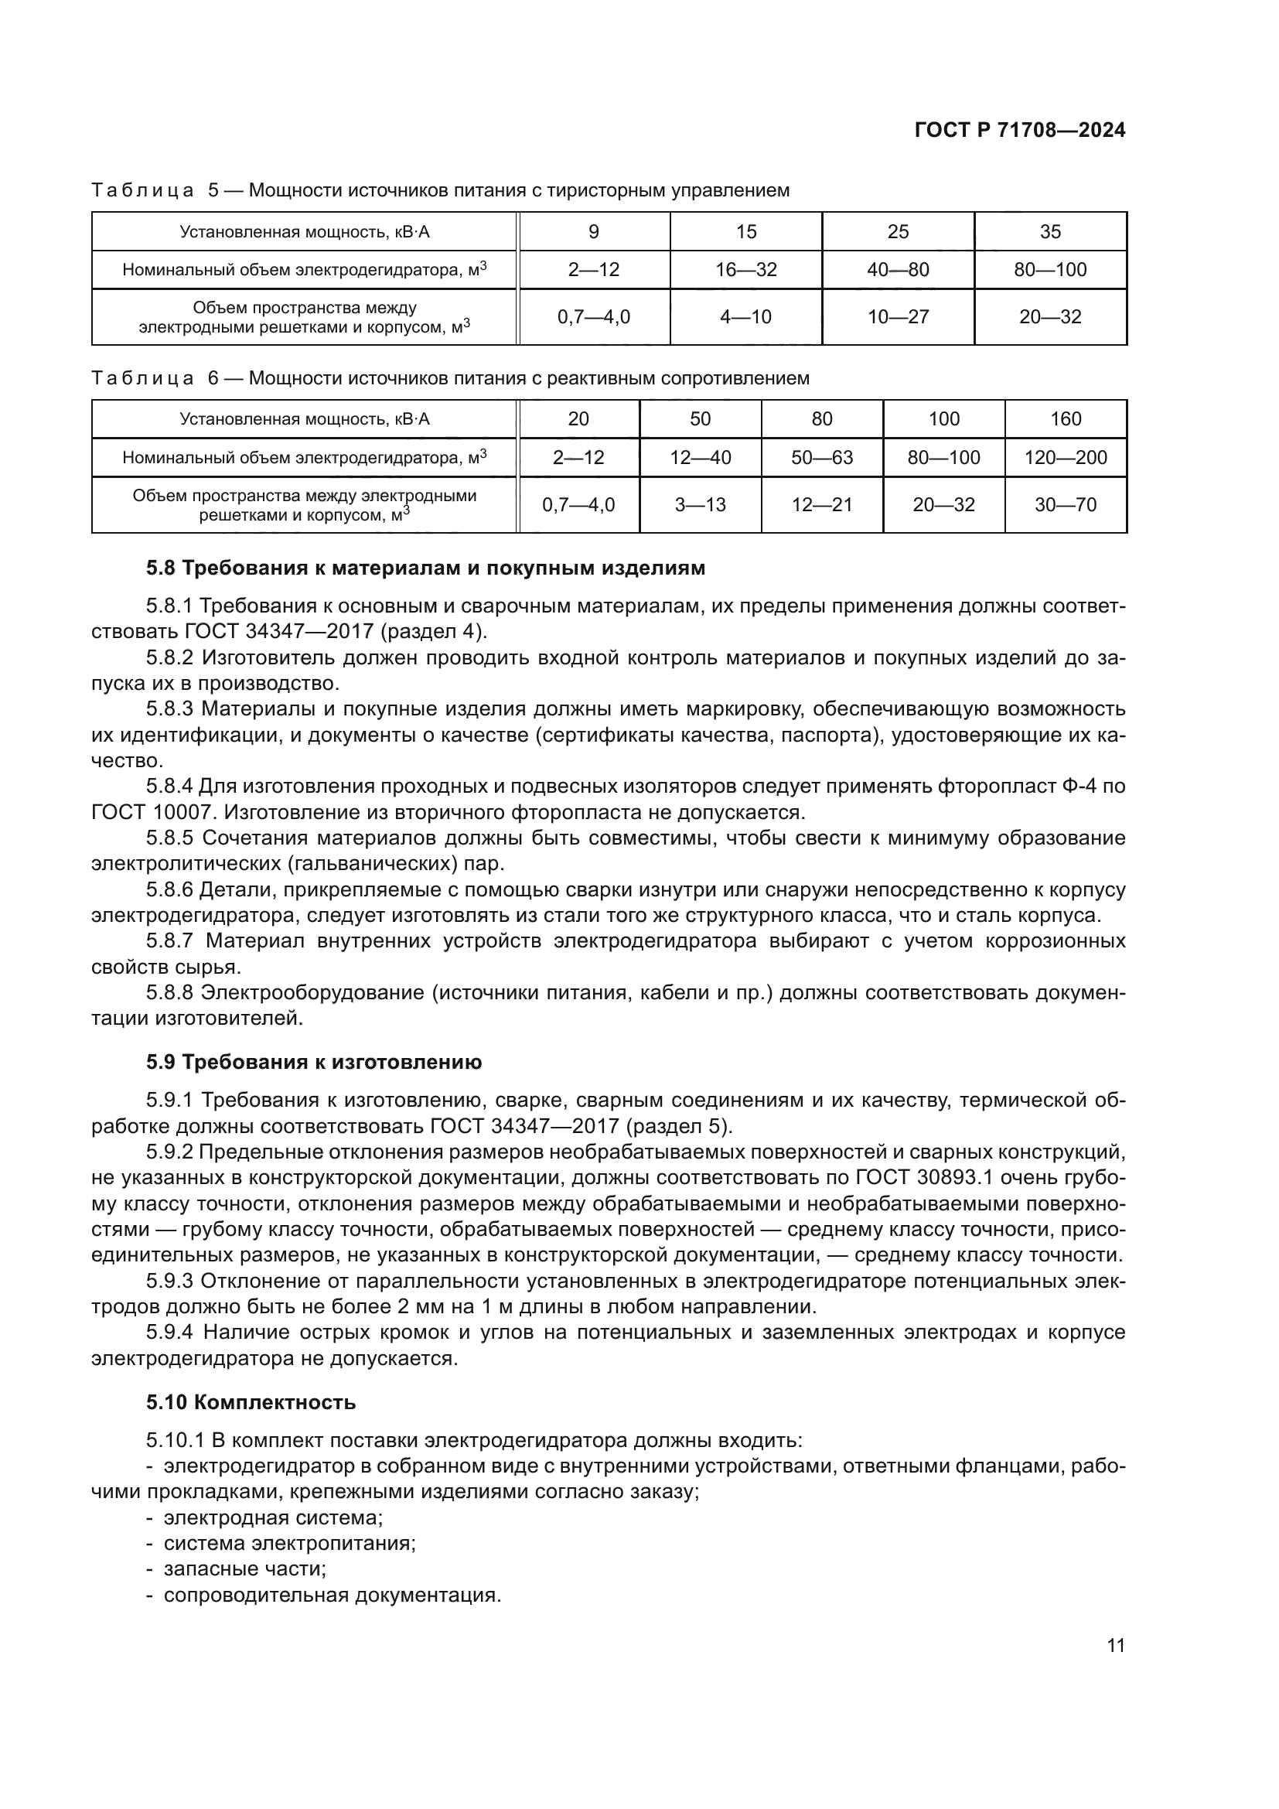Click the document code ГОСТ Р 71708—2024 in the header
coord(1020,131)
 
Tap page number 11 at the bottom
coord(1115,1646)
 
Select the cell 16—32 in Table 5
coord(745,269)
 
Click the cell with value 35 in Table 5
coord(1050,232)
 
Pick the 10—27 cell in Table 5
coord(898,317)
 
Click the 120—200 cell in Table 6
coord(1065,458)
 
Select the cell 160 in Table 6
coord(1065,419)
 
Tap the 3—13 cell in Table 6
coord(700,505)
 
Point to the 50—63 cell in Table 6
coord(821,458)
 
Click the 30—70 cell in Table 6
coord(1065,505)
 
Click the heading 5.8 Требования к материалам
coord(425,568)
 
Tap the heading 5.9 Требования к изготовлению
coord(313,1063)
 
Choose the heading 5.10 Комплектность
coord(251,1403)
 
